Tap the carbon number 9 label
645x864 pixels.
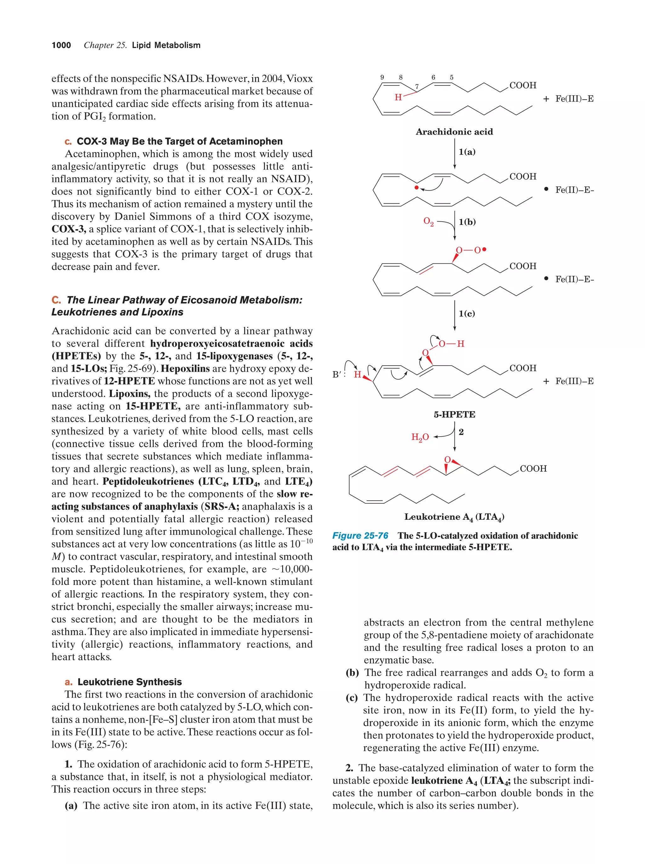click(382, 77)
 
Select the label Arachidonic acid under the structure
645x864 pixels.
click(454, 132)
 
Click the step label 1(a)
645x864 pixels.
click(467, 152)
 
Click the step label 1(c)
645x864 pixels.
click(467, 313)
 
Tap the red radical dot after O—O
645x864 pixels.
click(484, 249)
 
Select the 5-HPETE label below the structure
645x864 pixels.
click(454, 415)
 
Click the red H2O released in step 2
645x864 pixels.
click(420, 437)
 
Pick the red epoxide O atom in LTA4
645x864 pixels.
click(447, 460)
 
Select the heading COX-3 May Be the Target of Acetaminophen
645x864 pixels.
click(179, 142)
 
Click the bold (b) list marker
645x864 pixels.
click(352, 673)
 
